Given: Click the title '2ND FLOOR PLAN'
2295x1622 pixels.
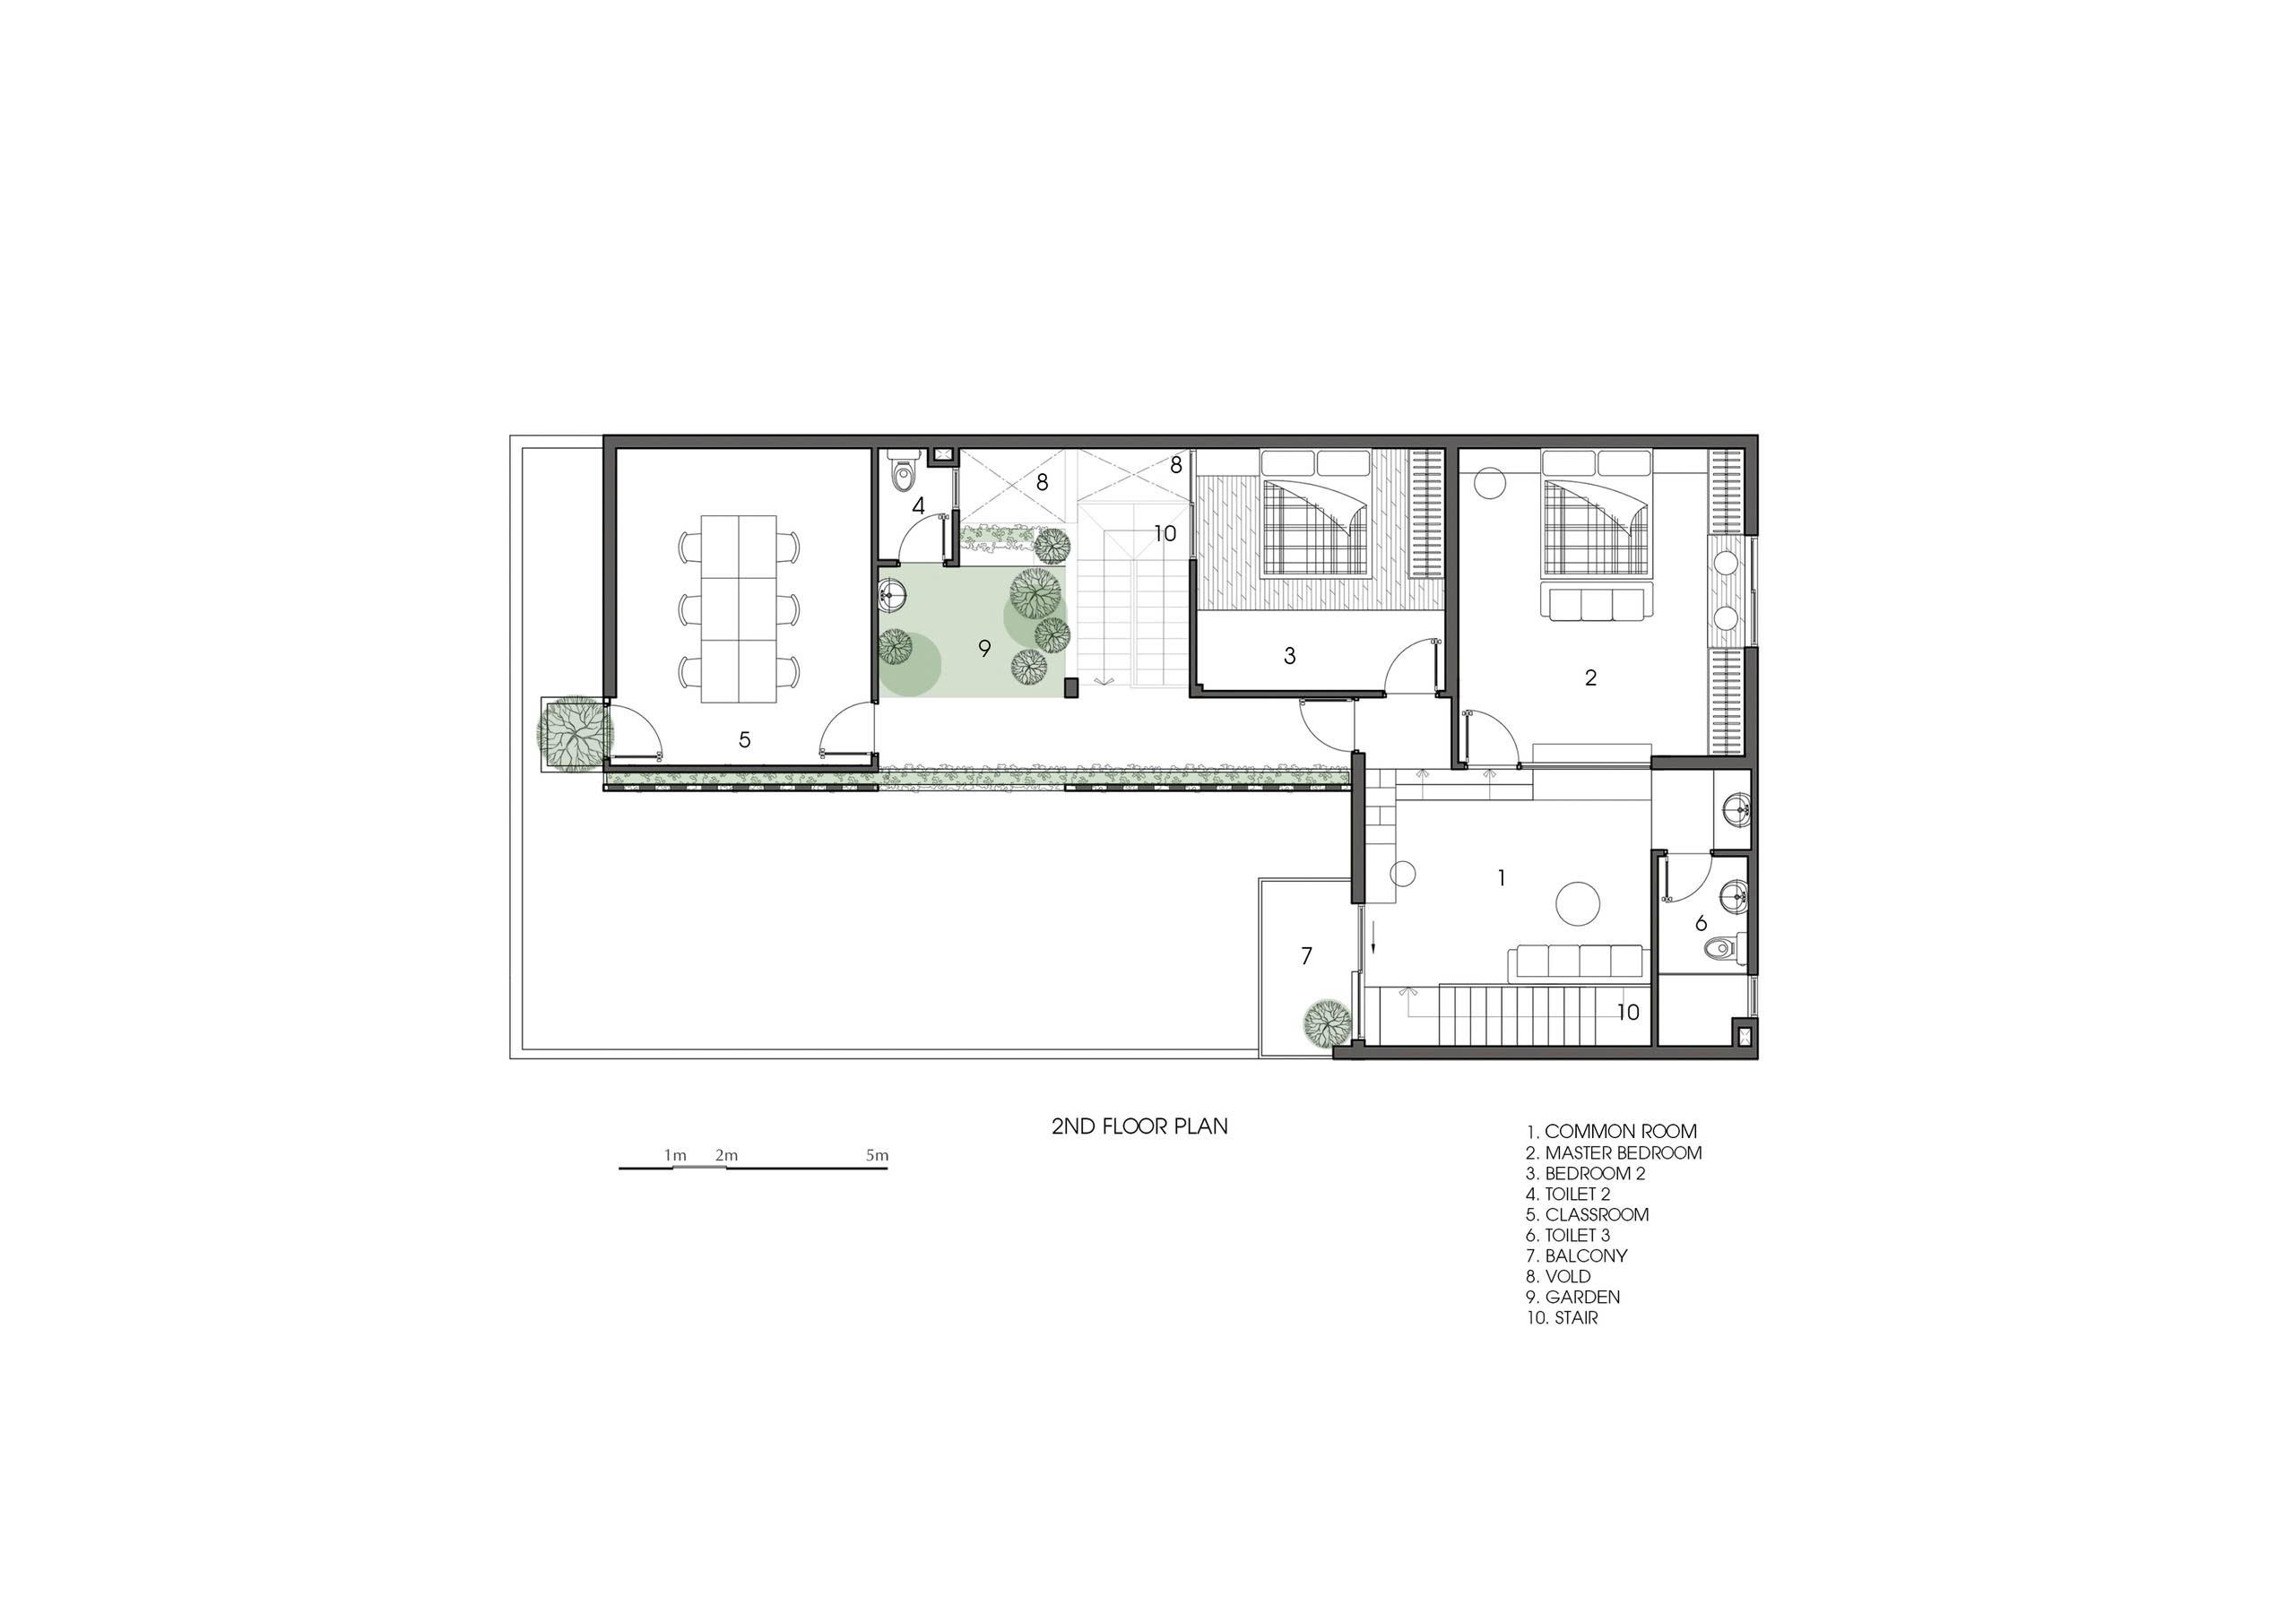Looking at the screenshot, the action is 1139,1126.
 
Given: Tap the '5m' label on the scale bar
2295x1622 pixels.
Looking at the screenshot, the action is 877,1155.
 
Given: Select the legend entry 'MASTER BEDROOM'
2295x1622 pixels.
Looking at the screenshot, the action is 1624,1152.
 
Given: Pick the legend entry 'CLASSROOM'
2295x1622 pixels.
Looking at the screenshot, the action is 1598,1214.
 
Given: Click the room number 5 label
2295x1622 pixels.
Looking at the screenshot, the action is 745,739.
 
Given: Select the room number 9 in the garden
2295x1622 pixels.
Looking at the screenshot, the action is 984,649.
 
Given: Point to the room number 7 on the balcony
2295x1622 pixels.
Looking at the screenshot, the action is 1306,956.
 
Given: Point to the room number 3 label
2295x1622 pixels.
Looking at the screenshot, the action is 1289,656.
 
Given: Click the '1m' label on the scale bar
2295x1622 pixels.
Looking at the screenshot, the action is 676,1155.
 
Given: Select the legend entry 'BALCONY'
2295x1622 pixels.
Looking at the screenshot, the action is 1586,1255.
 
